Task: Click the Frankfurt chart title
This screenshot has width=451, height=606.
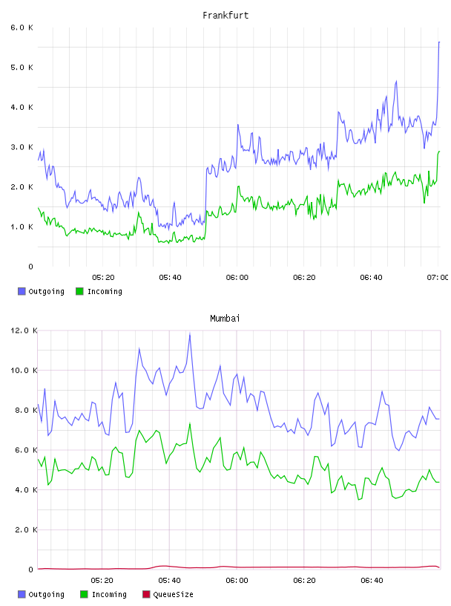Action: coord(225,16)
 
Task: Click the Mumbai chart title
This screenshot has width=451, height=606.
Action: coord(225,319)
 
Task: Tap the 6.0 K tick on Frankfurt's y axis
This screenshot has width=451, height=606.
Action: coord(22,27)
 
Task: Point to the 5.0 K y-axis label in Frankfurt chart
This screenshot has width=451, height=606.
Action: coord(22,68)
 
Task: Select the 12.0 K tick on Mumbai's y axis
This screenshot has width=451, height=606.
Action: coord(24,330)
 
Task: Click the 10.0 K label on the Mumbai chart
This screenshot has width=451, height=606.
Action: coord(24,371)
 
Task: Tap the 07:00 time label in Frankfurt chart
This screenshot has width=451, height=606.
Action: coord(438,278)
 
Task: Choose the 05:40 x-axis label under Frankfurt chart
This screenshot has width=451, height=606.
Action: coord(170,278)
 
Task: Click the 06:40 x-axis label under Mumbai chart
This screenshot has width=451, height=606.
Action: coord(372,581)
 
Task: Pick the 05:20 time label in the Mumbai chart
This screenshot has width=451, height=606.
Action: coord(102,581)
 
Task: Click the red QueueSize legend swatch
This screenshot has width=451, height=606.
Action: coord(146,594)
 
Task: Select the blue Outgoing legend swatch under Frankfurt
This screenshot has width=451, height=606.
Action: coord(22,291)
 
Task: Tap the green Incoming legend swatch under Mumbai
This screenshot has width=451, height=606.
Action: coord(84,594)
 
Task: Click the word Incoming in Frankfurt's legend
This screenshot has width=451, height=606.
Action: coord(105,292)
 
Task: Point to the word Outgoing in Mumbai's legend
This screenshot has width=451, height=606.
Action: coord(46,595)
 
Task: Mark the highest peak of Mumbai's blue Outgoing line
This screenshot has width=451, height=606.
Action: coord(190,335)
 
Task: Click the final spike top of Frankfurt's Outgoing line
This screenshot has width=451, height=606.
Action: coord(439,42)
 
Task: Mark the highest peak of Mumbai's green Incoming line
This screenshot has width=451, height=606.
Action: coord(190,424)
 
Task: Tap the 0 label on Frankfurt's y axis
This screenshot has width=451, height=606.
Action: coord(31,267)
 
